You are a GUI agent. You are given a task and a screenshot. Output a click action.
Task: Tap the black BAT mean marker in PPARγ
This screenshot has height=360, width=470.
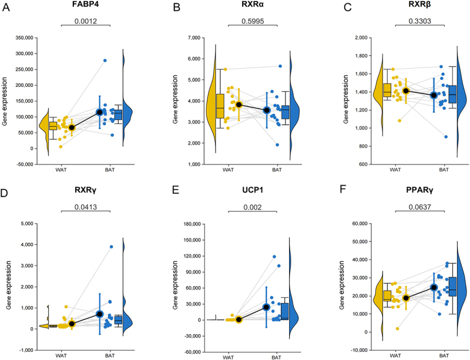(434, 287)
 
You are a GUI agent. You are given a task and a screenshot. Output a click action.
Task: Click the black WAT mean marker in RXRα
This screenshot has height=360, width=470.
(239, 105)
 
